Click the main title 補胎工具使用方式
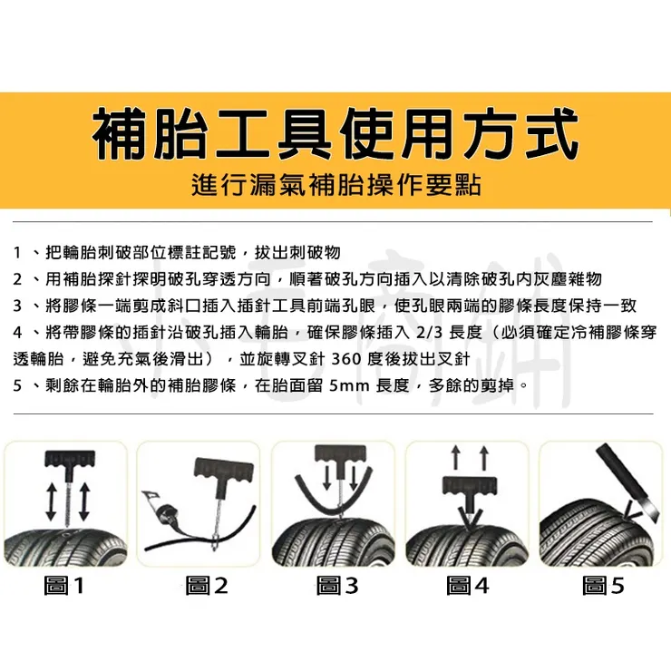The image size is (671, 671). [335, 135]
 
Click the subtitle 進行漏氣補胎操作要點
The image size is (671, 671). [335, 186]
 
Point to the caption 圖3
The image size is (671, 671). [336, 586]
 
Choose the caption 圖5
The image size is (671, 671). [603, 586]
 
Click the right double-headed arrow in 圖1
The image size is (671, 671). [84, 501]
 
